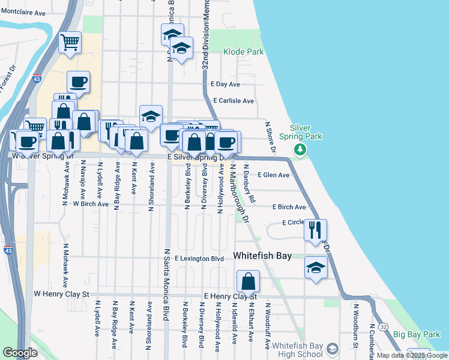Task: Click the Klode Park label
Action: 243,52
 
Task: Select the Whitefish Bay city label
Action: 262,256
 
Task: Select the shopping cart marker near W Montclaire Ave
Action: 70,43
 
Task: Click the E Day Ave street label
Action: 225,85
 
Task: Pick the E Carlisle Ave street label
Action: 233,101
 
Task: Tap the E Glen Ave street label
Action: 273,175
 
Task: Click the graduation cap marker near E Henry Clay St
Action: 316,268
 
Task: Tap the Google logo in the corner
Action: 19,353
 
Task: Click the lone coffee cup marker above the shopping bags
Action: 78,82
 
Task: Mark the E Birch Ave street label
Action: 289,207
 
